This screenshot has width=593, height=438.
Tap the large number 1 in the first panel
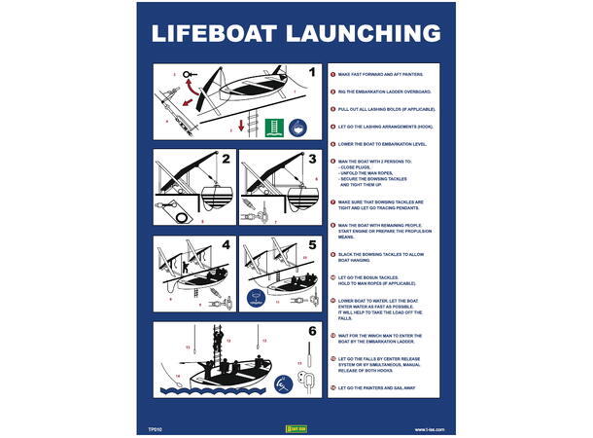point(311,72)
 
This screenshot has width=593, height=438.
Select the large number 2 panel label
point(225,159)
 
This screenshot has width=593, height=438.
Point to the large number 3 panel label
point(312,159)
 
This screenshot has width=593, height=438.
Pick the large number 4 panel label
point(225,244)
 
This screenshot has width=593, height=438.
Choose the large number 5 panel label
point(312,244)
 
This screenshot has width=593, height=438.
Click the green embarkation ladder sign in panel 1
point(276,128)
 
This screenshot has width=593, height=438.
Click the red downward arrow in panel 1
point(242,126)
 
